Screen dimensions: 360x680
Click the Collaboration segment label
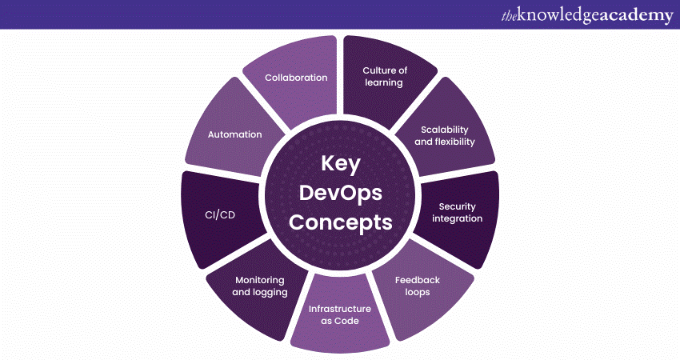pos(297,78)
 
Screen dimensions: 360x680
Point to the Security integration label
pos(457,213)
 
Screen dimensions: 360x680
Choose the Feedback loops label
pos(417,286)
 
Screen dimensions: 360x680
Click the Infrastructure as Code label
pos(340,314)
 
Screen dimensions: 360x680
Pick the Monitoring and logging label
pos(259,286)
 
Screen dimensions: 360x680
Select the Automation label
pos(235,134)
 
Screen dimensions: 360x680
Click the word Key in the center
pos(341,163)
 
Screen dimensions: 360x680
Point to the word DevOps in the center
pos(341,193)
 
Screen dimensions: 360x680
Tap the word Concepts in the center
pos(341,222)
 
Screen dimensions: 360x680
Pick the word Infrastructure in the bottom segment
pos(340,308)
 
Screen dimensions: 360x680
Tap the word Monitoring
pos(260,280)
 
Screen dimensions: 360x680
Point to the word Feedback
pos(418,279)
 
